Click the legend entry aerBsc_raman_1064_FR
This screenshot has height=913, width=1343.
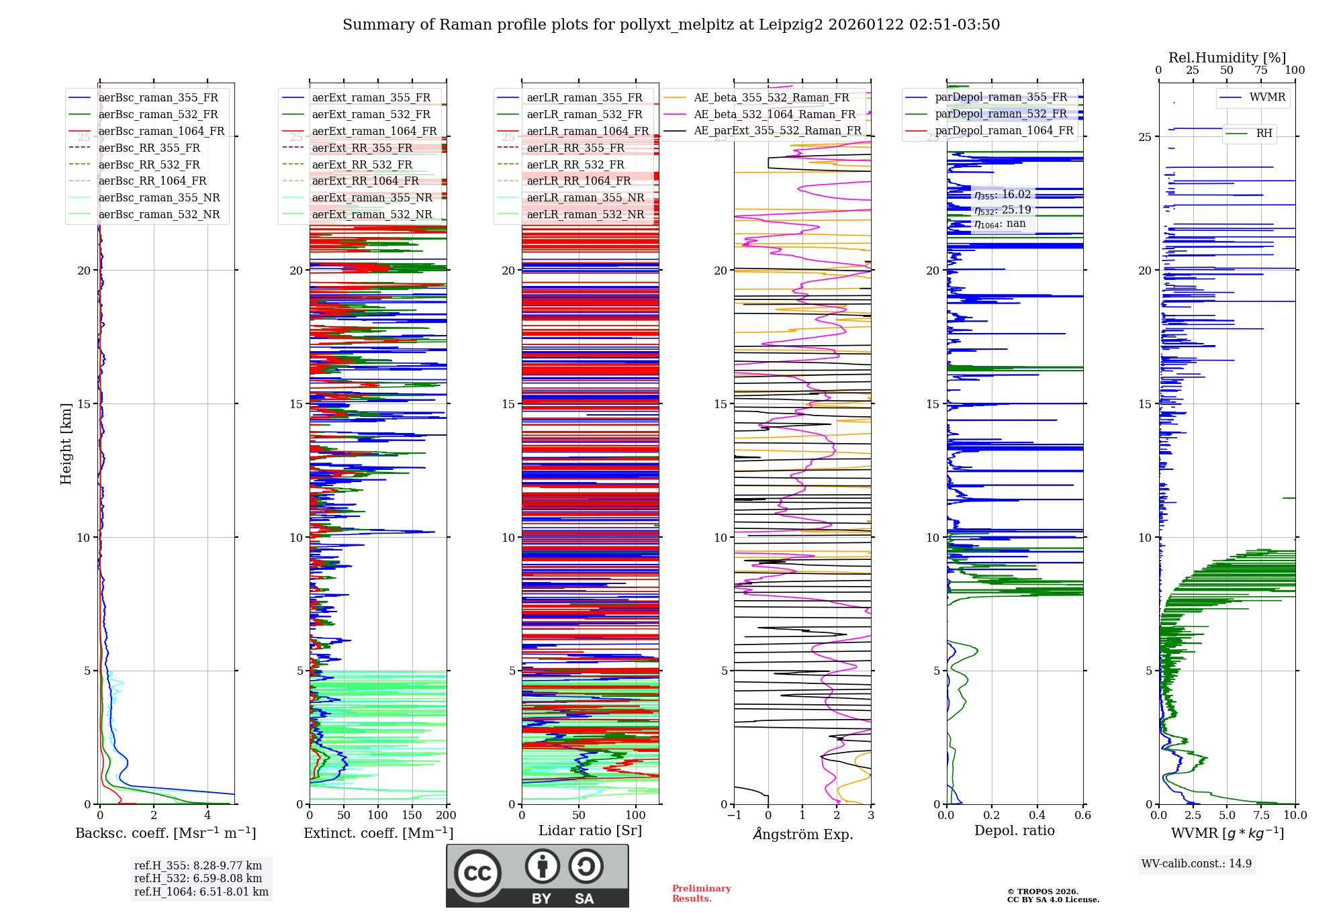tap(161, 132)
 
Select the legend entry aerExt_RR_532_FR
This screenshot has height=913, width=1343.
tap(362, 164)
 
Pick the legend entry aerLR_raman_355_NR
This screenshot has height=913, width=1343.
tap(585, 198)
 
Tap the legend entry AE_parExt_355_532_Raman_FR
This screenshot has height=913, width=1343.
tap(777, 131)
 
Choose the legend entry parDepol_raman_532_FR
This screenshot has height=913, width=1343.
tap(1001, 114)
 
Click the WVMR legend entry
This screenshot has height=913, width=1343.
tap(1267, 97)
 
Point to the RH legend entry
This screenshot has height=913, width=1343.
tap(1264, 134)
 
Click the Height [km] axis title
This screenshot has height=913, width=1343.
tap(66, 444)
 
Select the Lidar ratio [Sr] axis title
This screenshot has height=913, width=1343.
tap(590, 831)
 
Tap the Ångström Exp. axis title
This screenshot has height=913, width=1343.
tap(802, 834)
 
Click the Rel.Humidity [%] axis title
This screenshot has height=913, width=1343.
tap(1227, 58)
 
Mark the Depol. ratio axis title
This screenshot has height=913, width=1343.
tap(1014, 831)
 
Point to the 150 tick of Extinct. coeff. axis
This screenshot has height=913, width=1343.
tap(412, 816)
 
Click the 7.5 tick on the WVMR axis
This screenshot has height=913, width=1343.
tap(1261, 816)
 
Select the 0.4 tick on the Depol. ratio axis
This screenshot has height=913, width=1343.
tap(1037, 816)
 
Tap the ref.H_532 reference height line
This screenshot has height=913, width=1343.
tap(198, 879)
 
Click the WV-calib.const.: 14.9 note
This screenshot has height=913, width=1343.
tap(1197, 864)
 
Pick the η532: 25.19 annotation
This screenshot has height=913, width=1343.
tap(1003, 210)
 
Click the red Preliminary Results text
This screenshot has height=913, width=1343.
tap(701, 894)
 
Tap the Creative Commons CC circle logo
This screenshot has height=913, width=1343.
tap(477, 873)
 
